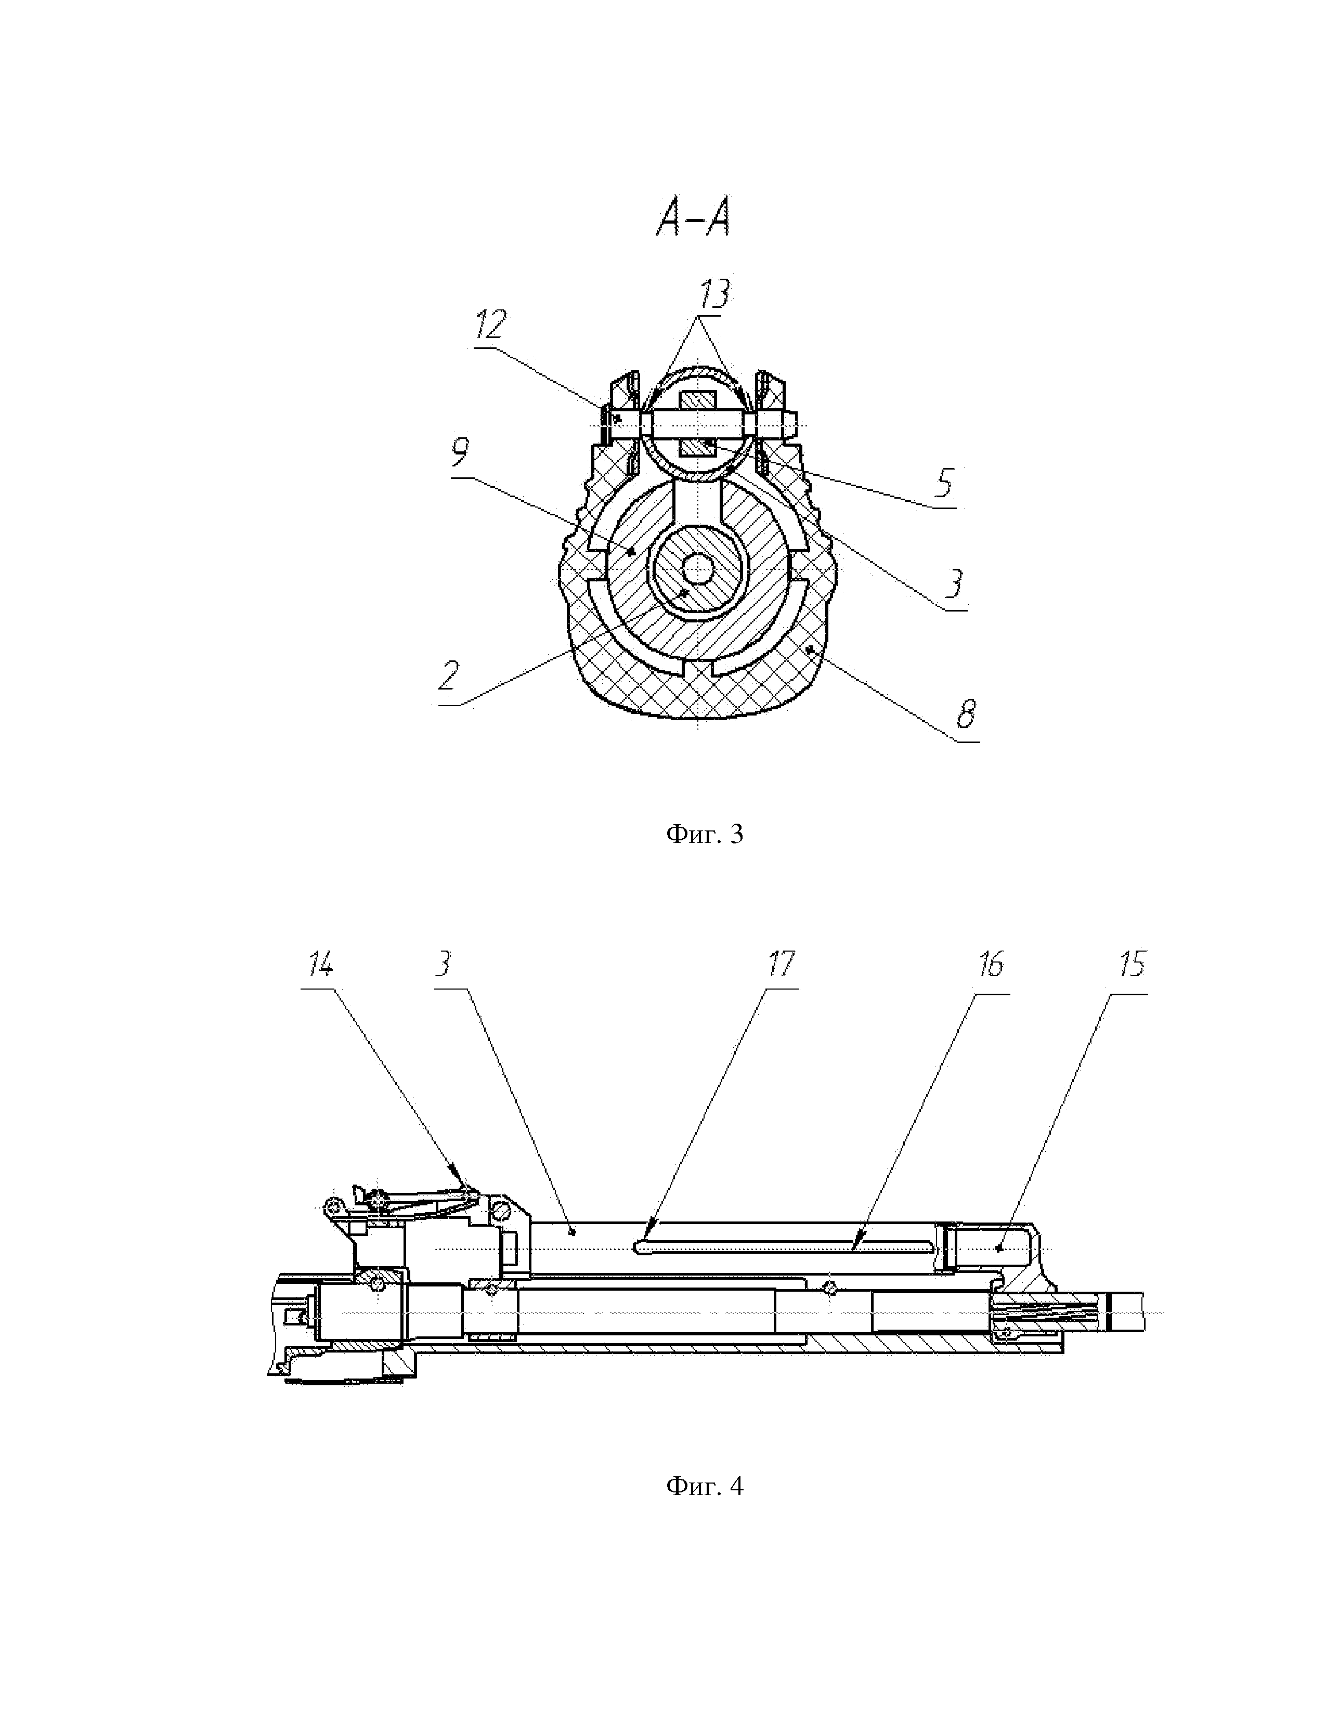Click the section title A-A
(x=693, y=217)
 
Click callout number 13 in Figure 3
(x=714, y=293)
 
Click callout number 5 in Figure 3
(x=944, y=483)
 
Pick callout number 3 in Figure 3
(x=954, y=584)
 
